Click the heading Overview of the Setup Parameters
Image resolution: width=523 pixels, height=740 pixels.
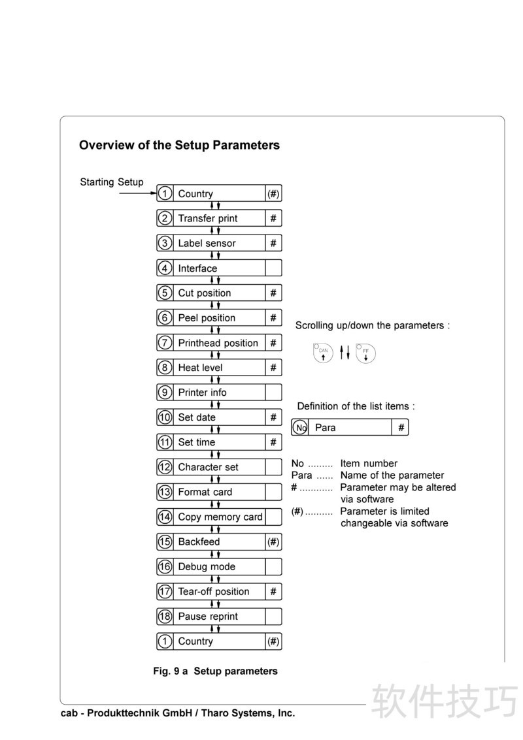pyautogui.click(x=179, y=145)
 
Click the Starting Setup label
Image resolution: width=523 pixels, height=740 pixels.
pyautogui.click(x=111, y=182)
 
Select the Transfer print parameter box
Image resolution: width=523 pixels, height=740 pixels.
pyautogui.click(x=208, y=218)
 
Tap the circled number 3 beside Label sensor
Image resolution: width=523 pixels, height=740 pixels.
pyautogui.click(x=165, y=243)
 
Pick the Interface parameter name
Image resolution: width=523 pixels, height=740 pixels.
pyautogui.click(x=197, y=268)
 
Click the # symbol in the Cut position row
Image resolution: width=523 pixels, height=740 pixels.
pyautogui.click(x=273, y=293)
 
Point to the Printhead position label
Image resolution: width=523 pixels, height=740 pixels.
pyautogui.click(x=218, y=343)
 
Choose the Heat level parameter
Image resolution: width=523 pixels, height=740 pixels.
pyautogui.click(x=200, y=368)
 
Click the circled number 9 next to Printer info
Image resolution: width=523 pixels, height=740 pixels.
pyautogui.click(x=165, y=393)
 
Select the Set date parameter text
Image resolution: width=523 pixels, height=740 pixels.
pyautogui.click(x=197, y=417)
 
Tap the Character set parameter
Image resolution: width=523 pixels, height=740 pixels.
pyautogui.click(x=208, y=467)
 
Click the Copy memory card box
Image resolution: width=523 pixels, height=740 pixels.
pyautogui.click(x=220, y=517)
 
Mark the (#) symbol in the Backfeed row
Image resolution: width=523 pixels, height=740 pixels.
pyautogui.click(x=273, y=541)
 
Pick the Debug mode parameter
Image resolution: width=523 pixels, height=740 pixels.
pyautogui.click(x=207, y=567)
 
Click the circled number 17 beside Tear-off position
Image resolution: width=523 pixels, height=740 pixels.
pyautogui.click(x=165, y=592)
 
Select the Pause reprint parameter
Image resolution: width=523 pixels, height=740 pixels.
pyautogui.click(x=208, y=617)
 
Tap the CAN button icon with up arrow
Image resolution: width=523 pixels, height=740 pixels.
pyautogui.click(x=323, y=353)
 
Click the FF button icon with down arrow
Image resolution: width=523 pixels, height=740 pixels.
pyautogui.click(x=366, y=353)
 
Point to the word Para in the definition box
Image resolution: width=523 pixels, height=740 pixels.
pyautogui.click(x=325, y=428)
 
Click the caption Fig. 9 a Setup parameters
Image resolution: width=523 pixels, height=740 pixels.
pyautogui.click(x=215, y=671)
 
